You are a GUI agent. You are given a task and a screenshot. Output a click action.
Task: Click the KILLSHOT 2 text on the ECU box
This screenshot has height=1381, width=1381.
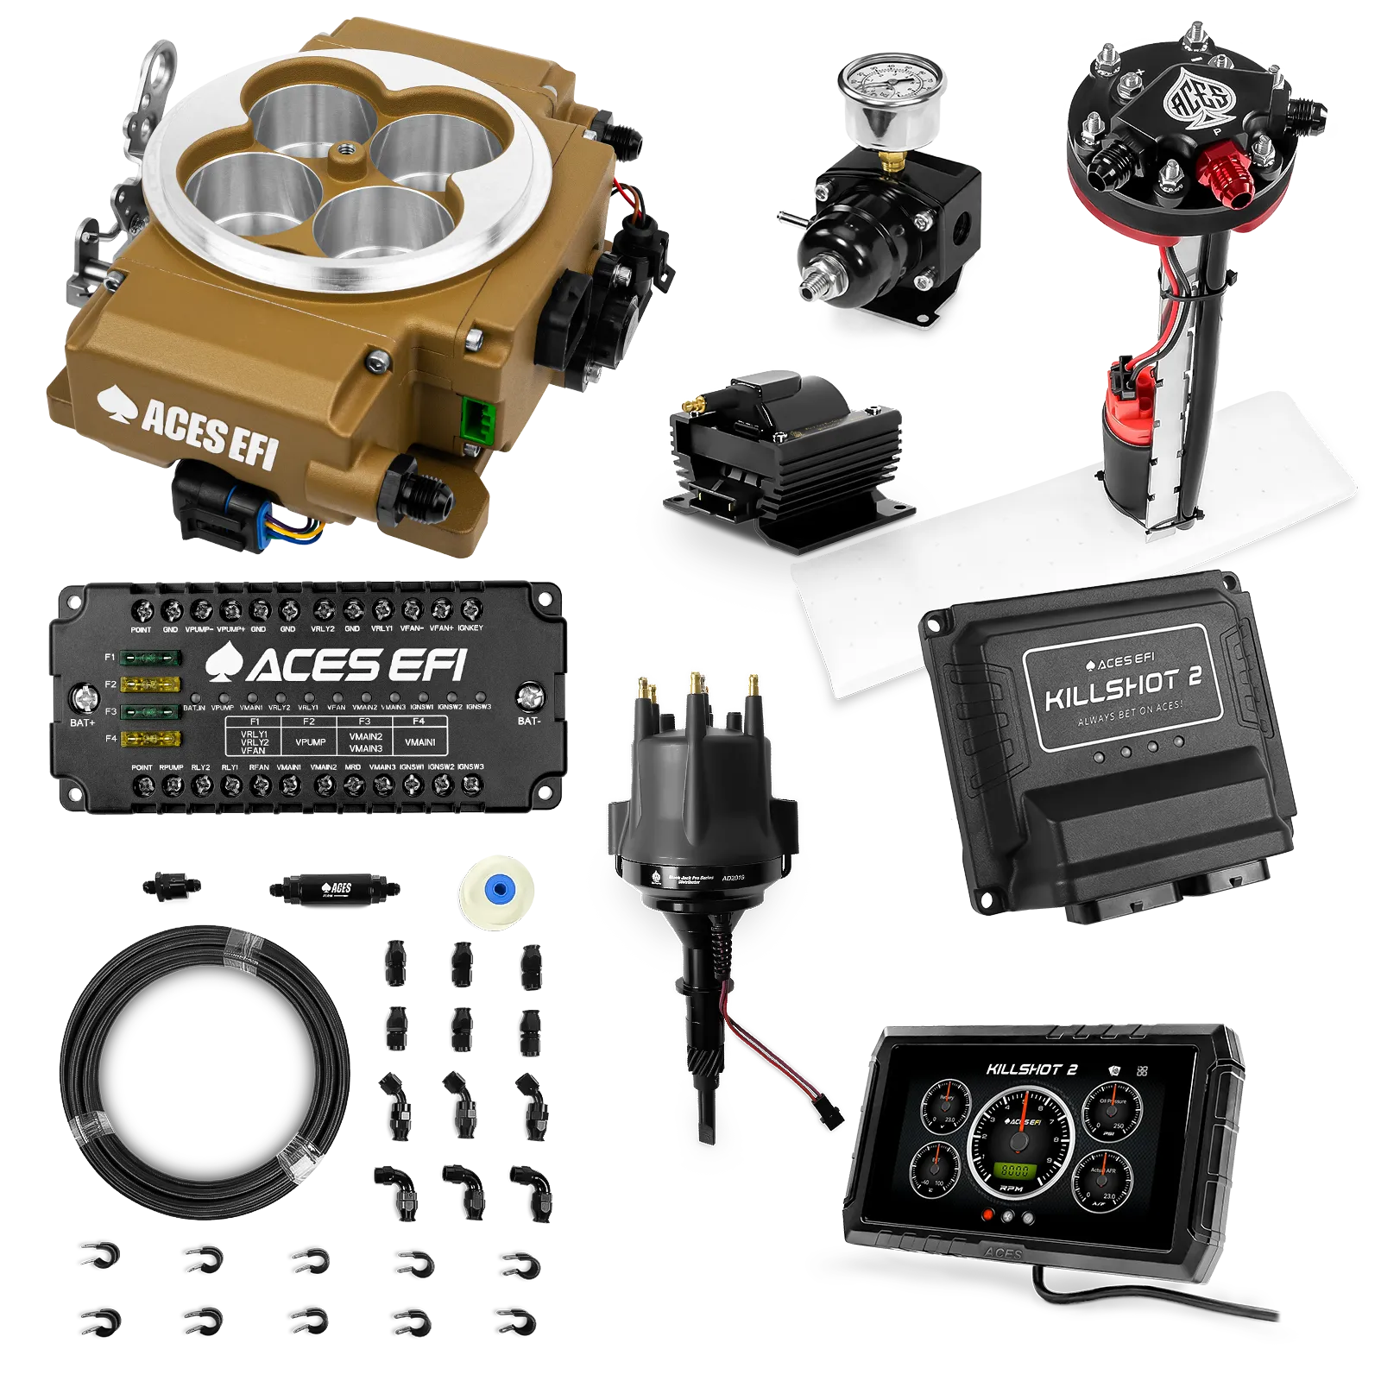1123,686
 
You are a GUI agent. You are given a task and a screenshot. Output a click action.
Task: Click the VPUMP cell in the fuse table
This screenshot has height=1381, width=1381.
310,741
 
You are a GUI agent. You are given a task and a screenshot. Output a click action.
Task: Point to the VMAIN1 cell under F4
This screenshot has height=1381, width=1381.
419,741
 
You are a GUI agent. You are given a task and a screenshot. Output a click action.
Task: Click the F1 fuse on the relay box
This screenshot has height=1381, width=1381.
150,659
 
